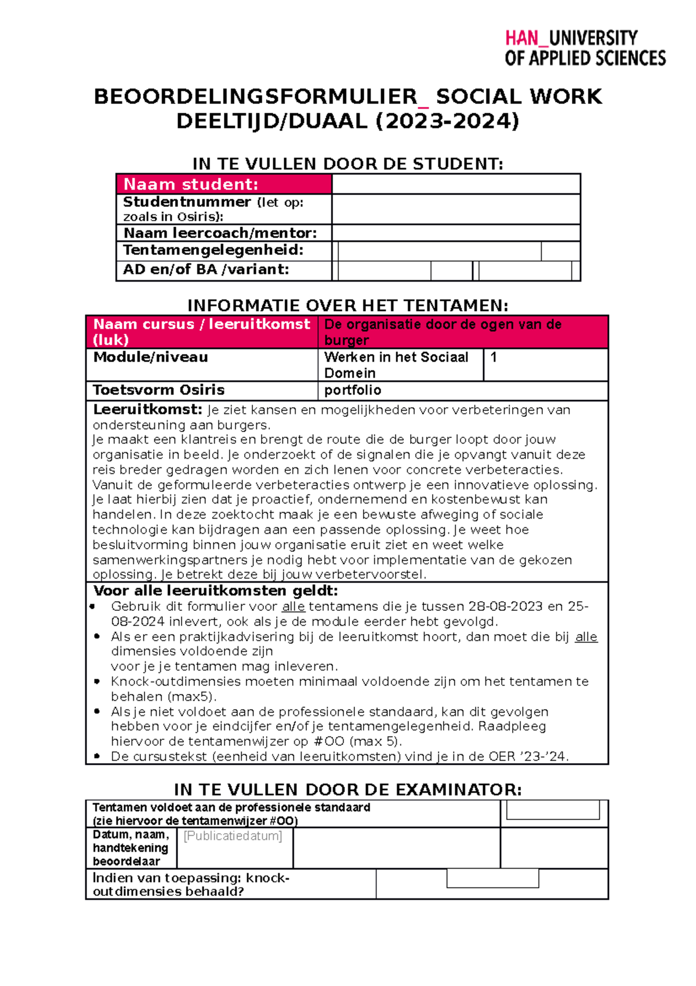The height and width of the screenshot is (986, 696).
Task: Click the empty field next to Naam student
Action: [x=456, y=184]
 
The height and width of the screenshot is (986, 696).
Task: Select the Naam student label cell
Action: [x=224, y=184]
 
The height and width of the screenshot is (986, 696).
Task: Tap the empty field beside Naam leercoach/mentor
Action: [x=456, y=233]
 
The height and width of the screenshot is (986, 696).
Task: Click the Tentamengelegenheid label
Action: [x=213, y=250]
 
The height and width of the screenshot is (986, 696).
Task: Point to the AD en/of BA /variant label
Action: [x=205, y=269]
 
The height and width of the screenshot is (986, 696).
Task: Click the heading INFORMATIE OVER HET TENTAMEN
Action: [x=347, y=305]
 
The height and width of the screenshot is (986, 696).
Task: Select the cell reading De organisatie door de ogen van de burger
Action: [x=462, y=332]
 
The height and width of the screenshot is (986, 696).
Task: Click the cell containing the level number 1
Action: [x=545, y=364]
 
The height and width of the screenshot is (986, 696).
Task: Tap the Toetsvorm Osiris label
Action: [x=158, y=390]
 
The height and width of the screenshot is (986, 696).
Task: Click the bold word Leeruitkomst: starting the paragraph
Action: [x=147, y=410]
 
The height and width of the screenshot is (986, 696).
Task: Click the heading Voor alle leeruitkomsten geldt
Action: [x=215, y=591]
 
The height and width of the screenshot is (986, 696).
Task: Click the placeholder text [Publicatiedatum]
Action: [x=233, y=836]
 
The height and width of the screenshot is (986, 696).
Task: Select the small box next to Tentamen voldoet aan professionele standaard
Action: [x=553, y=810]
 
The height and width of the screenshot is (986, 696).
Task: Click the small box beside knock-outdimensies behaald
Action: [x=492, y=879]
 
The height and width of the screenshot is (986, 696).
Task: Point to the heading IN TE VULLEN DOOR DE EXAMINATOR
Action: [x=347, y=790]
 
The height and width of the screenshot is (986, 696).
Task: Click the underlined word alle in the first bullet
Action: [x=293, y=607]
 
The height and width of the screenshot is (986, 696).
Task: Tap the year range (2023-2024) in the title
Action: [x=447, y=121]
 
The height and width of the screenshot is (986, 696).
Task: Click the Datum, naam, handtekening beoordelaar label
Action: [x=130, y=848]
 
